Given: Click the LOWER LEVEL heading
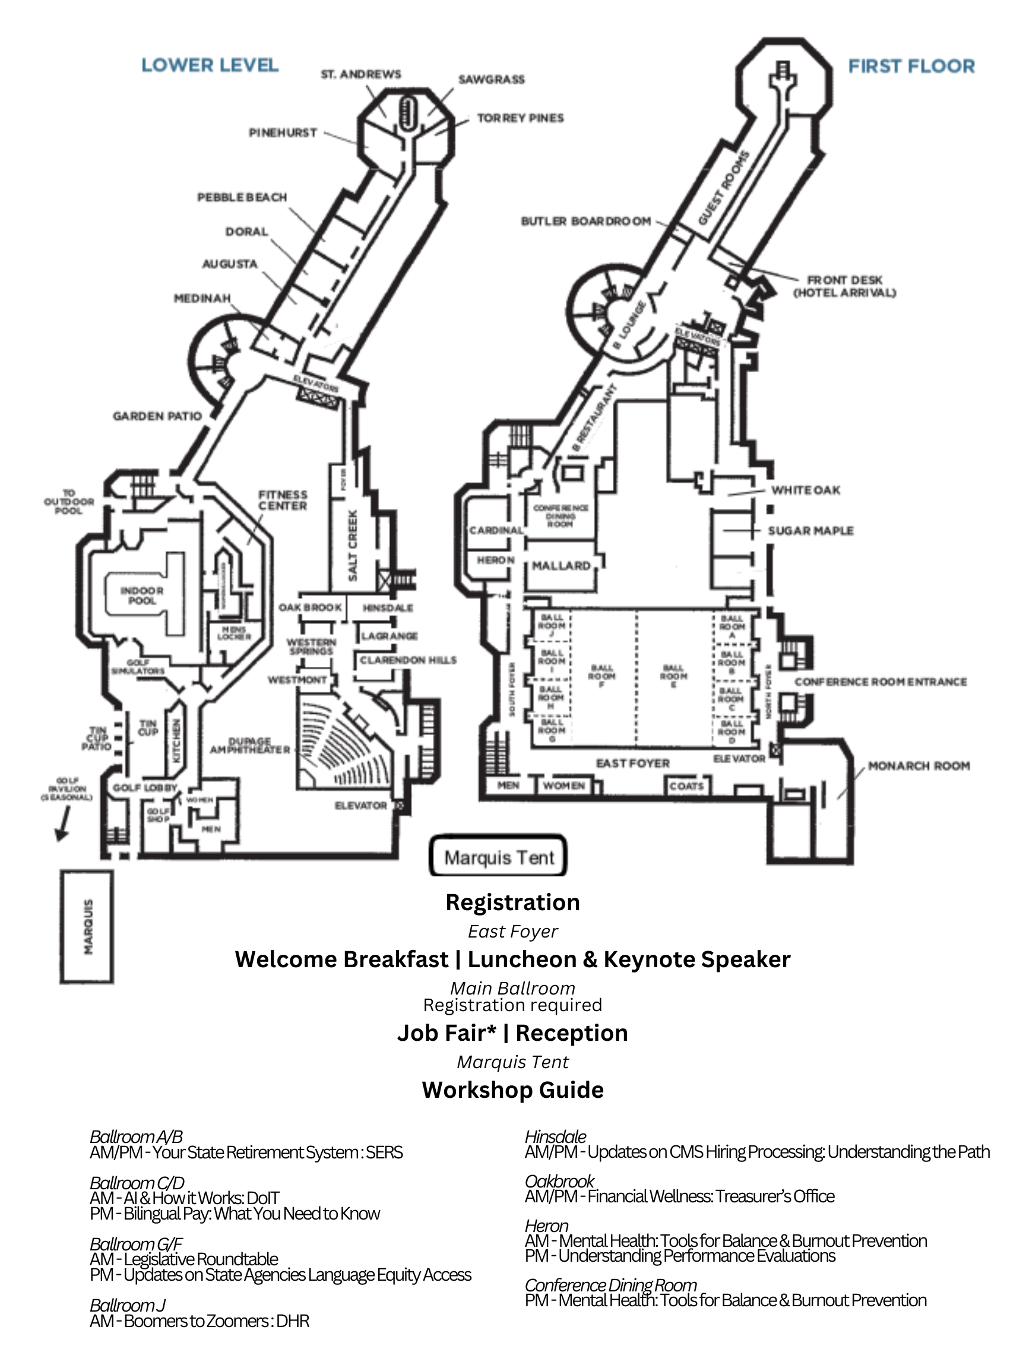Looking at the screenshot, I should [210, 65].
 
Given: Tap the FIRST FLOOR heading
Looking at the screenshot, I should [911, 66].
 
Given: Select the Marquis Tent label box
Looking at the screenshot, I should [499, 857].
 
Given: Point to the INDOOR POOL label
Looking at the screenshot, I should [142, 595].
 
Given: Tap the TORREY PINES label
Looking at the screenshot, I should [520, 118].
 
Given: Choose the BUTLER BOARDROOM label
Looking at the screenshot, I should [585, 221].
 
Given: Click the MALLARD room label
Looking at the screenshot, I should [561, 565].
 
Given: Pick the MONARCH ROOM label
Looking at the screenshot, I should [919, 765].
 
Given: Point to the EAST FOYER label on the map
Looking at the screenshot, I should [633, 763].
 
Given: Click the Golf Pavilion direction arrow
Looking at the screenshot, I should [63, 824].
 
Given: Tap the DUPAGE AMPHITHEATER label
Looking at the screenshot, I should [250, 745].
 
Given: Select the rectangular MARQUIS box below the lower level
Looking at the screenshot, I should [87, 926].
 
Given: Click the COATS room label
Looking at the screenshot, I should [686, 786].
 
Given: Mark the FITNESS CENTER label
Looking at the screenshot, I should [283, 500].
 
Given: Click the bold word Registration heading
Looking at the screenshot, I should [512, 902].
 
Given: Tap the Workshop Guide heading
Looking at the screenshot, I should [512, 1090].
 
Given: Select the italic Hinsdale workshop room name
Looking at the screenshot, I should [555, 1136].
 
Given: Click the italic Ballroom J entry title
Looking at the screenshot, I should [128, 1305].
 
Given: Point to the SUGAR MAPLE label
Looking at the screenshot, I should [810, 531].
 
